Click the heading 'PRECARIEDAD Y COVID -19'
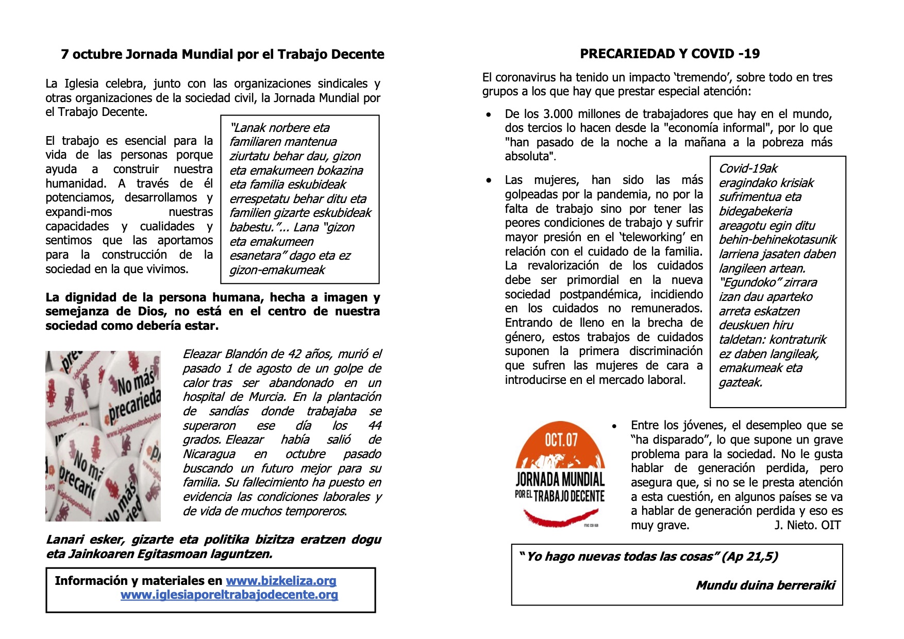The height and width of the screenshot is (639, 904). pos(669,54)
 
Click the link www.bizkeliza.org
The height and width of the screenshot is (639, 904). pos(281,581)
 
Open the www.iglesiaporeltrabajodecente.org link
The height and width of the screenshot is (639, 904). pos(229,595)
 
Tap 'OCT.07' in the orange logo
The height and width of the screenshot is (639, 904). pos(561,440)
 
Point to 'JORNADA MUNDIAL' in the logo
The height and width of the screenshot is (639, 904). pos(560,480)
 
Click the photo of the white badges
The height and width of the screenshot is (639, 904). pos(103,436)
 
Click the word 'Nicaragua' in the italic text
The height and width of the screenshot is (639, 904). pos(209,454)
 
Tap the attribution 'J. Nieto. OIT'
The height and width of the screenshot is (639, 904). pos(807,525)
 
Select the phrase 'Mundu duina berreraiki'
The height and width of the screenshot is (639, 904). pos(765,585)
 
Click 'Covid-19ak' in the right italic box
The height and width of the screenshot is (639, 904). pos(748,169)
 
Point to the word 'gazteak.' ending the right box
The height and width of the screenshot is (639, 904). pos(741,382)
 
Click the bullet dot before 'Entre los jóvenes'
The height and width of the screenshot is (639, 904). pos(614,426)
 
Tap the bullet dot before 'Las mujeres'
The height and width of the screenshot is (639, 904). pos(489,180)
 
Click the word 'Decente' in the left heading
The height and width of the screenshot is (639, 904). pos(360,55)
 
